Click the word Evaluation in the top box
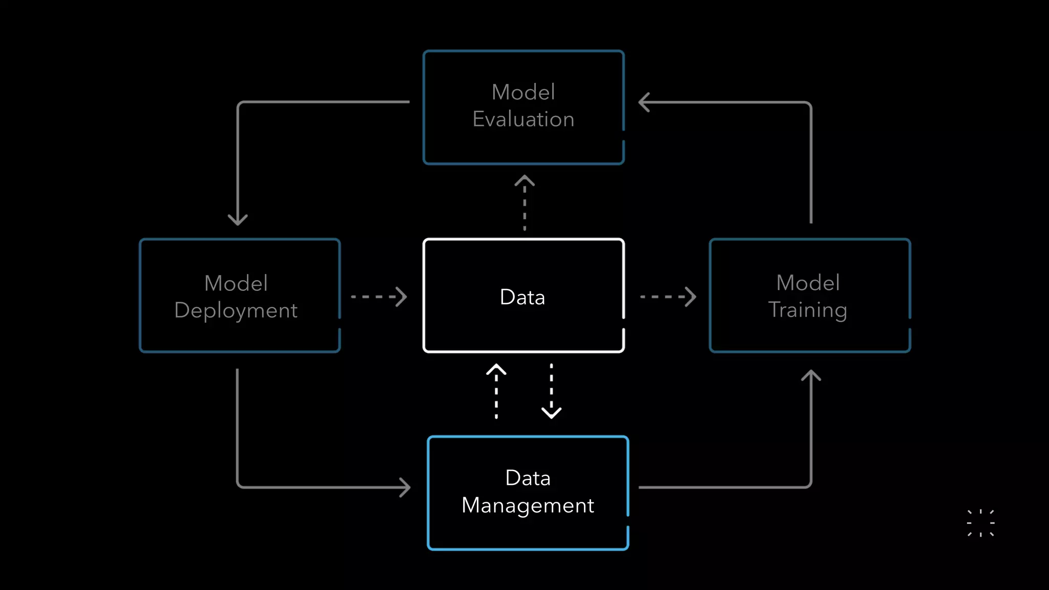[523, 119]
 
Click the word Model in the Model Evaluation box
[523, 92]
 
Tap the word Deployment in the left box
[236, 310]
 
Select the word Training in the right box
[807, 310]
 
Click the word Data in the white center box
[522, 297]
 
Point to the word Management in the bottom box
[528, 505]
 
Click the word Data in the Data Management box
[528, 478]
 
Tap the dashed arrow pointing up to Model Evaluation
[524, 203]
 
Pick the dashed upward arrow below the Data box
[496, 391]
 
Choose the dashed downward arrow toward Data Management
[551, 391]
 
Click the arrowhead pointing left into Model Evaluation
[644, 102]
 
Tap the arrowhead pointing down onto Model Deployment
[238, 219]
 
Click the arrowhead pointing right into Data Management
[405, 487]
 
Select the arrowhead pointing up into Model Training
[811, 376]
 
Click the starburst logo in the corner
[980, 523]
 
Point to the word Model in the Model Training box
[808, 283]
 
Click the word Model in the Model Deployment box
[236, 283]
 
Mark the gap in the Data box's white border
[623, 323]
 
